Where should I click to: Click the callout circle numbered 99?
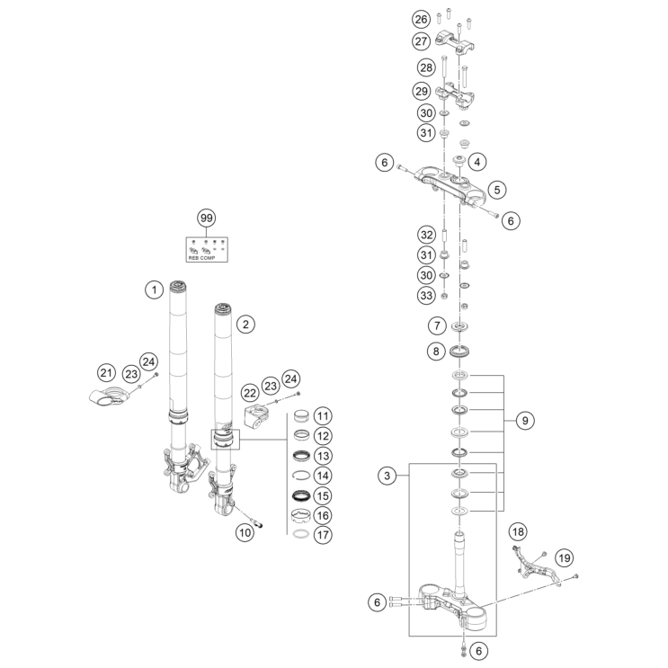click(206, 218)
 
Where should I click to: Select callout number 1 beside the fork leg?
click(155, 289)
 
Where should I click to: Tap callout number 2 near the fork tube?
click(245, 322)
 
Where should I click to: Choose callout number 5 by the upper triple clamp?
click(496, 190)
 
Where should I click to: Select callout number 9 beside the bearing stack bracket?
click(526, 420)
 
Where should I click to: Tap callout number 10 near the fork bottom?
click(245, 531)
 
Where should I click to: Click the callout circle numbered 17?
click(323, 534)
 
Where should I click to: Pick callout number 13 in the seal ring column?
click(323, 455)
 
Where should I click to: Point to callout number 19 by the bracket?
click(564, 558)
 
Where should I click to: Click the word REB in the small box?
click(196, 254)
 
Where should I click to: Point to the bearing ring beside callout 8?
click(461, 351)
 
